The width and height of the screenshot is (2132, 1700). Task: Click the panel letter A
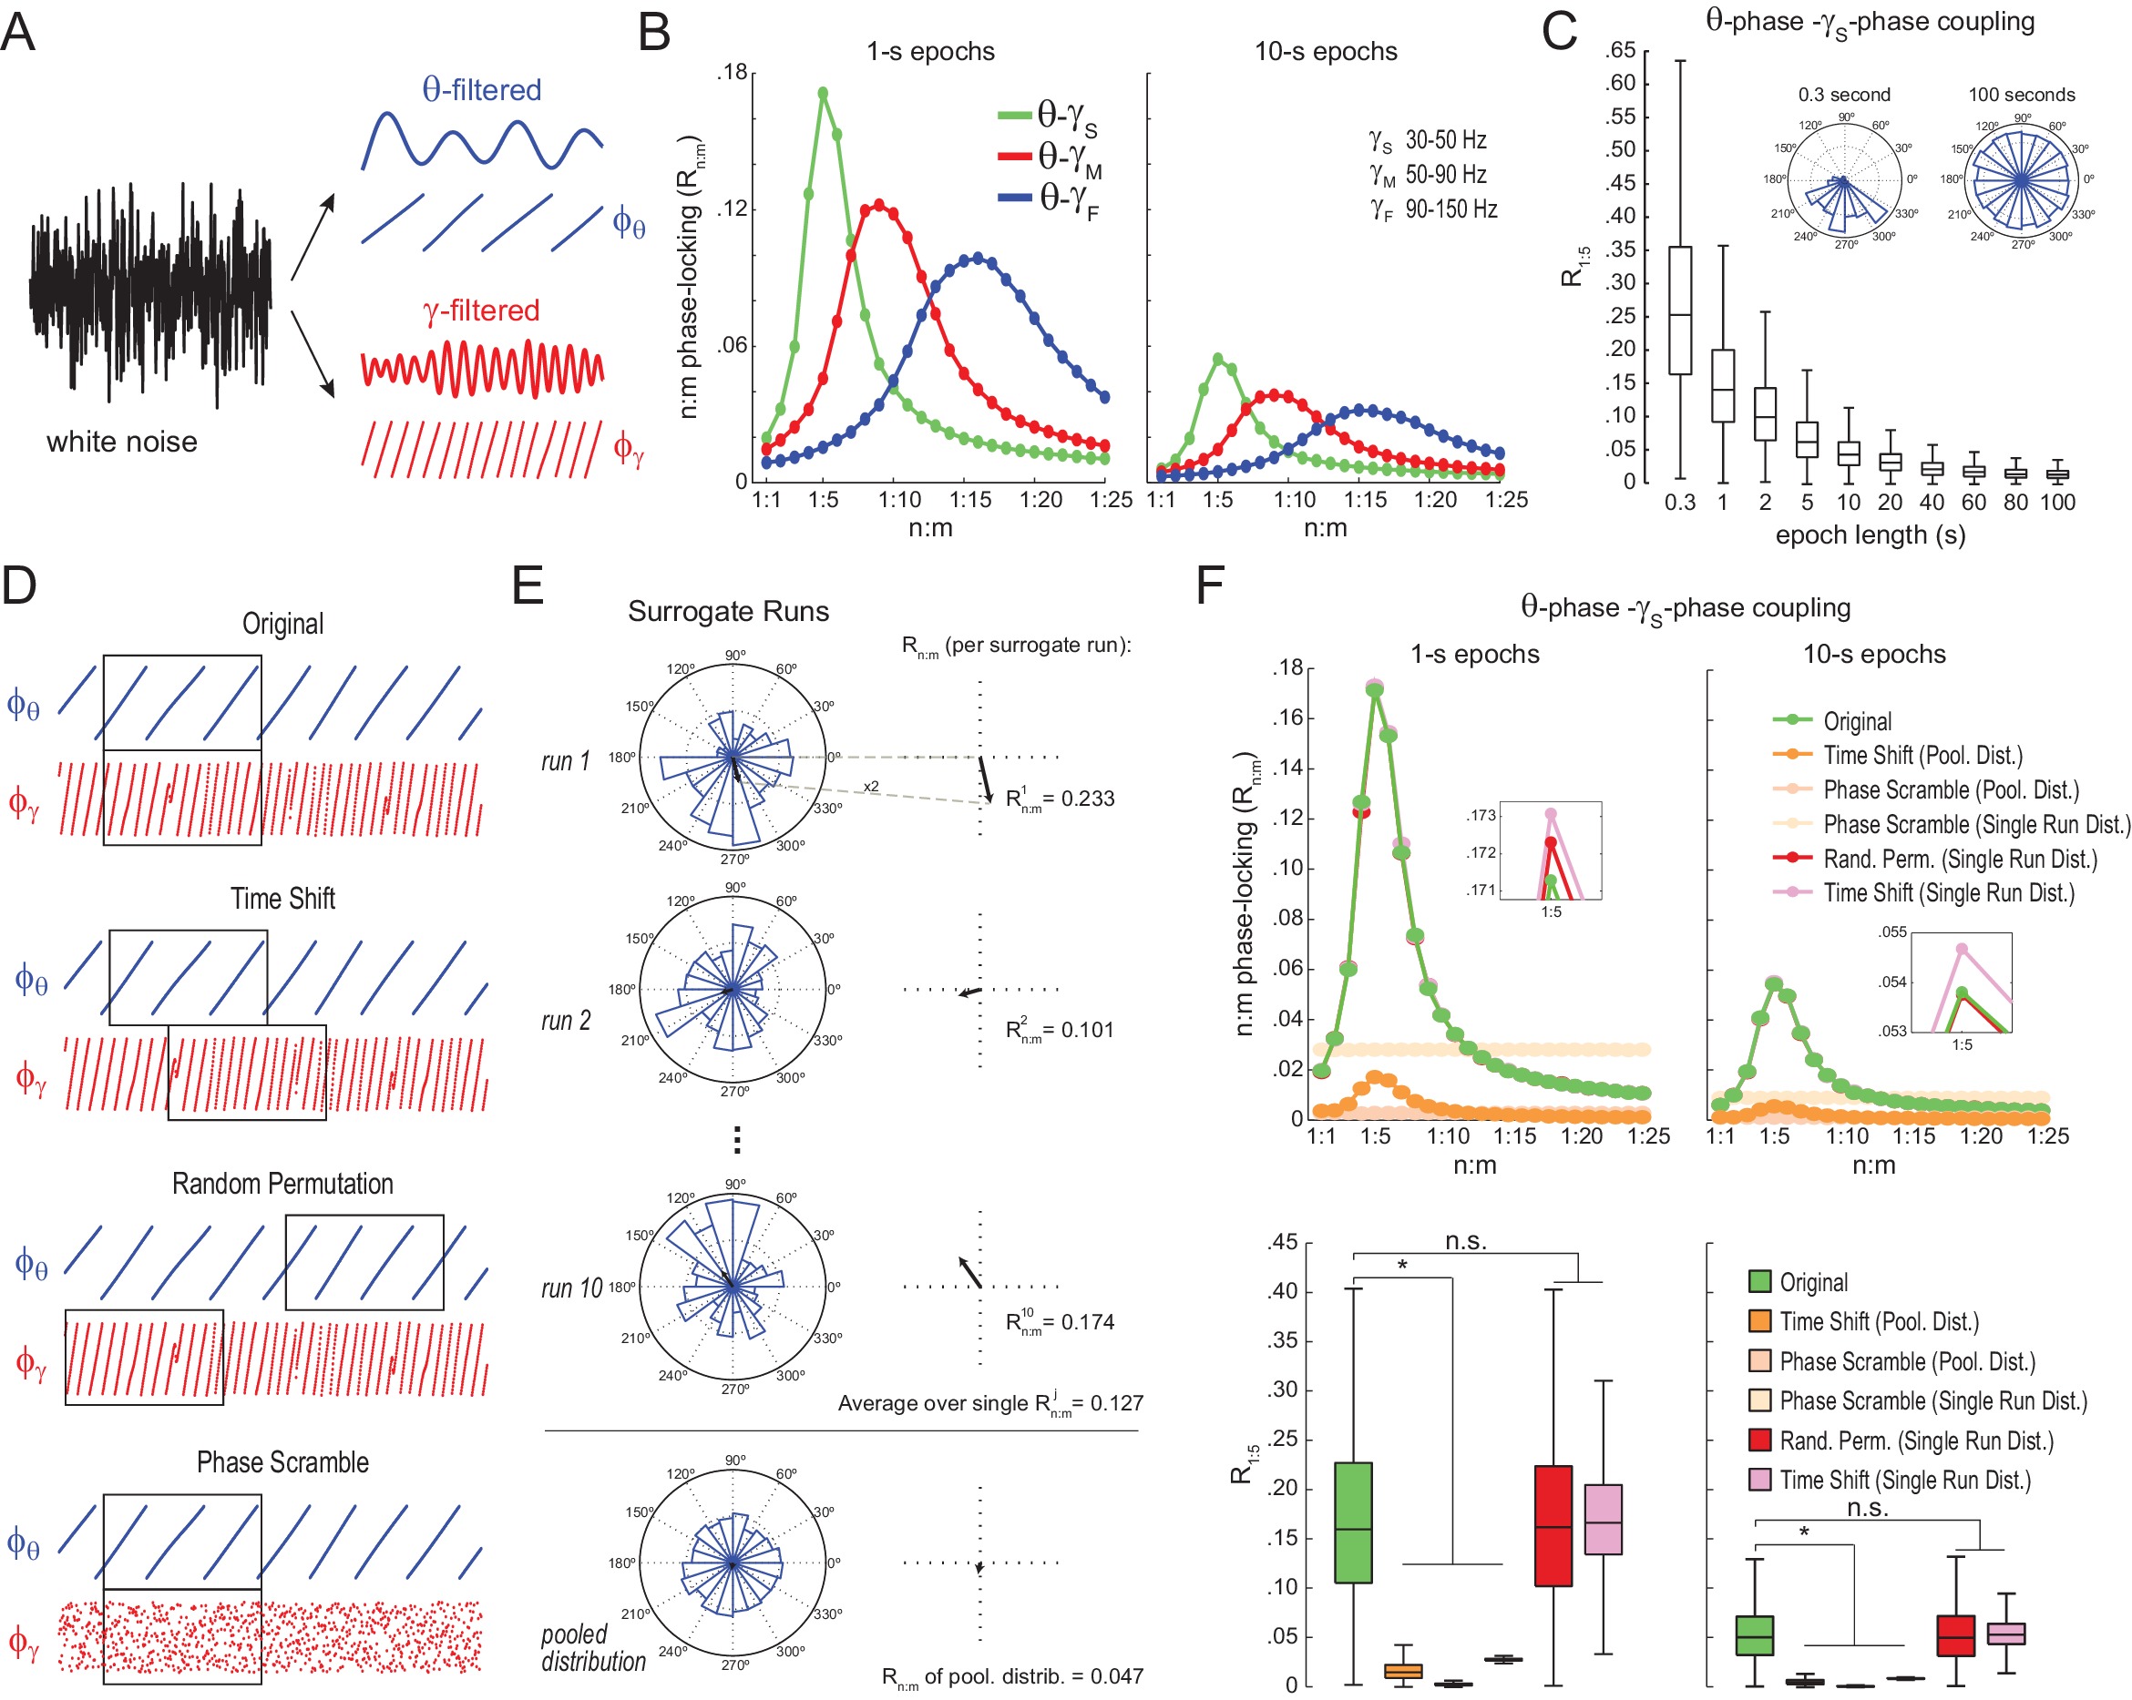[x=18, y=32]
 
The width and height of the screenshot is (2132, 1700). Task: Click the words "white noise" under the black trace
[x=121, y=441]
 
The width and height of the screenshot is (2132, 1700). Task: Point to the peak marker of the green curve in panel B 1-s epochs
[x=823, y=94]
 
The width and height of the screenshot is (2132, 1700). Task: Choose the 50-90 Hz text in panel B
[x=1446, y=175]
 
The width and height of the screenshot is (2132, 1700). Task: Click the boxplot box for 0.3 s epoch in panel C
[x=1679, y=310]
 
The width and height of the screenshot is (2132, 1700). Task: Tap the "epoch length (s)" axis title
[x=1870, y=534]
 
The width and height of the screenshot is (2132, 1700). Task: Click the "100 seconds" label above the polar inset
[x=2021, y=95]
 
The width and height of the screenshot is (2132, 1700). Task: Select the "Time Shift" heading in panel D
[x=282, y=899]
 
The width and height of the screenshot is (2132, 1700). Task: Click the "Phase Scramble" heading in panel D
[x=282, y=1461]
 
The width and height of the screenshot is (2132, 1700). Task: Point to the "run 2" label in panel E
[x=566, y=1020]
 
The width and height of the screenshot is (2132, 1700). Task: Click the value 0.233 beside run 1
[x=1087, y=799]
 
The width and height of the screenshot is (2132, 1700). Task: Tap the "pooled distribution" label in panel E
[x=592, y=1647]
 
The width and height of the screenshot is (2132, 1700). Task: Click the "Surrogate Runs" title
[x=728, y=611]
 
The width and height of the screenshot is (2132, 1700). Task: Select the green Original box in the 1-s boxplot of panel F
[x=1353, y=1522]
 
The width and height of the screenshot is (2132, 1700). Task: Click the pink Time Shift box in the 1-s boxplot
[x=1603, y=1519]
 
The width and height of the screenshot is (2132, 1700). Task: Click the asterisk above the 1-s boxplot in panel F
[x=1401, y=1265]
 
